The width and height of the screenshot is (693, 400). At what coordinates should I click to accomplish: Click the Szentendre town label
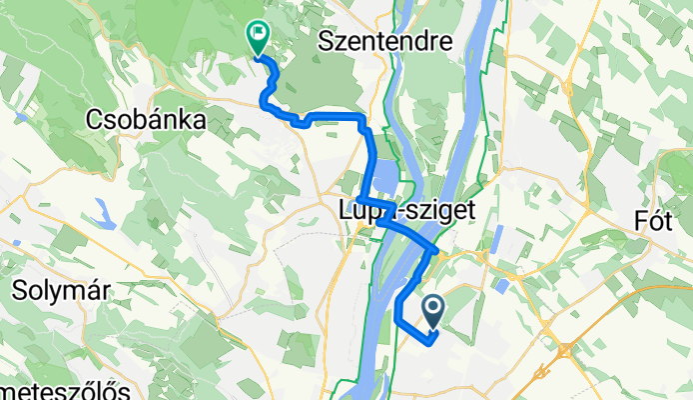click(384, 42)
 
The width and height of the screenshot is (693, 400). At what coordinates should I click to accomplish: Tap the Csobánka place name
click(146, 120)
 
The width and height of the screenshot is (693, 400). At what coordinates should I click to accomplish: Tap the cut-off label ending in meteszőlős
click(64, 388)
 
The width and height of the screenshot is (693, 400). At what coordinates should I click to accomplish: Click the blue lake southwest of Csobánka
click(102, 211)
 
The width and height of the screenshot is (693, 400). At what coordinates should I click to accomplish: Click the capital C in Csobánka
click(94, 120)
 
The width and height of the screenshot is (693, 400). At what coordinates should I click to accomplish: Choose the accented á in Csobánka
click(165, 120)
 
